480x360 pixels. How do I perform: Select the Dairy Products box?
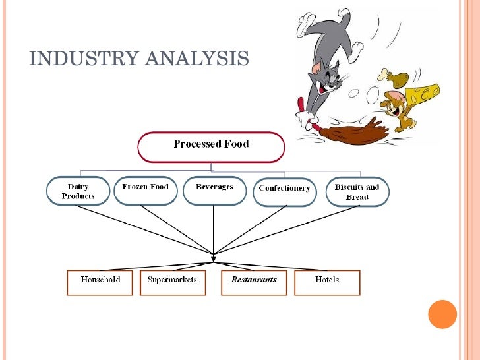pos(78,191)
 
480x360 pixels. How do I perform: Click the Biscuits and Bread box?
pos(357,191)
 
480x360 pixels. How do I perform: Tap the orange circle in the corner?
pos(442,315)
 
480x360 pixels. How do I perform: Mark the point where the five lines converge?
pos(213,253)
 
